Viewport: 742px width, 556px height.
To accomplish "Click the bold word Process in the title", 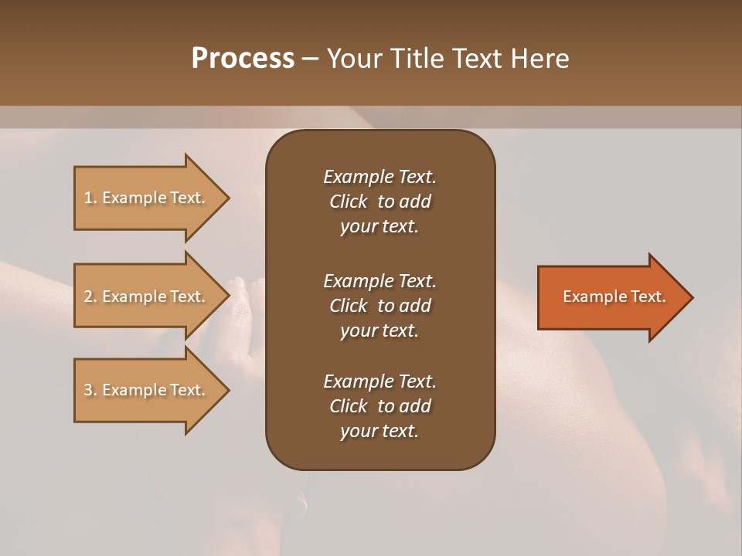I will [x=243, y=59].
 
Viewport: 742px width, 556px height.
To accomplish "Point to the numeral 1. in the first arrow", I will [x=90, y=198].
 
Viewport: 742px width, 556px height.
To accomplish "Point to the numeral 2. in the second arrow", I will [x=90, y=297].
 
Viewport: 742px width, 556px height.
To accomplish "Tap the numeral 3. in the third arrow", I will [x=90, y=390].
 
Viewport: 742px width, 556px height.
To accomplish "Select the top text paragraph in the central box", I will [x=380, y=202].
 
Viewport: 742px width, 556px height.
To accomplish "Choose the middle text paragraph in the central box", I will [x=380, y=306].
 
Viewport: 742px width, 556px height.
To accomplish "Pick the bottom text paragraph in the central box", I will [x=380, y=406].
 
